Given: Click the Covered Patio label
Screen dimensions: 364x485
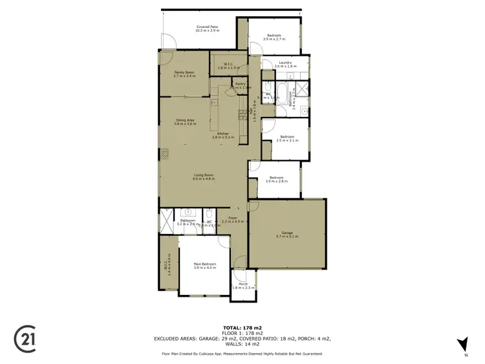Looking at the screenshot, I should (208, 27).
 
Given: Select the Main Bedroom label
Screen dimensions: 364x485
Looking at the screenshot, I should (204, 264).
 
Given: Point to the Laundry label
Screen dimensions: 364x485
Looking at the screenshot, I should (285, 63).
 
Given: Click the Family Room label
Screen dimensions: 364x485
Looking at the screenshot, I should (184, 72).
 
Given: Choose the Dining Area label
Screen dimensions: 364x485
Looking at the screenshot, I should (185, 120).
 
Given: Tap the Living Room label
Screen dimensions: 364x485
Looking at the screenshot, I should (204, 175).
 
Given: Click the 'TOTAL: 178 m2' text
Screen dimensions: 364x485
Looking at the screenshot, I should (242, 328).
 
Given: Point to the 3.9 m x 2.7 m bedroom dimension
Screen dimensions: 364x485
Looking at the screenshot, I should (274, 40).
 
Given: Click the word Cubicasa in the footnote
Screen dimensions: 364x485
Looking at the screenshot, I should (227, 354).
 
